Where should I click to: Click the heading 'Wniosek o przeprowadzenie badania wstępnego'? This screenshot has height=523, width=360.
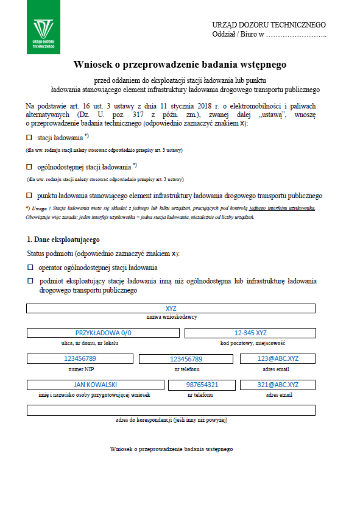tap(180, 64)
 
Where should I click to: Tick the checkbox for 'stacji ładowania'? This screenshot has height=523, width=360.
tap(29, 138)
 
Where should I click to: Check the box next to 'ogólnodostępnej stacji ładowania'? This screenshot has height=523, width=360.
tap(29, 166)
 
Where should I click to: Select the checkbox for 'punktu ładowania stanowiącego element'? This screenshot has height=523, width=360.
tap(29, 196)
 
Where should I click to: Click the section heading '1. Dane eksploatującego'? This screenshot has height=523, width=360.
tap(63, 240)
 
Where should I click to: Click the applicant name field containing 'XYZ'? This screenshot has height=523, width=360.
tap(171, 308)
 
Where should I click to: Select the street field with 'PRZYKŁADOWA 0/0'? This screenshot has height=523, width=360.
tap(103, 333)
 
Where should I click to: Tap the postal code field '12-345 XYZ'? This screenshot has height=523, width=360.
tap(250, 333)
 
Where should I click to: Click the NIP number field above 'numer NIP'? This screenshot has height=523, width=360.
tap(80, 359)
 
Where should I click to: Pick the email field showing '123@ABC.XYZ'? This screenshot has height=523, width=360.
tap(277, 358)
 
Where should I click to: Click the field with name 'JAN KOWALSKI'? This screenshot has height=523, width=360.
tap(95, 385)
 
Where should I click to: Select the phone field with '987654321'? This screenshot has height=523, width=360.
tap(202, 385)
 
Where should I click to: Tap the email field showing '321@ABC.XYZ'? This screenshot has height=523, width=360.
tap(277, 385)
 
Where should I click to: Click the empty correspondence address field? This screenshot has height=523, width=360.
tap(171, 410)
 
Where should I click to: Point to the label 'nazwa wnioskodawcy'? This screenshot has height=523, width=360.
tap(171, 317)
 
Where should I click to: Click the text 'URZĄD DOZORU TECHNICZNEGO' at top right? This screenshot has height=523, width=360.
tap(269, 25)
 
